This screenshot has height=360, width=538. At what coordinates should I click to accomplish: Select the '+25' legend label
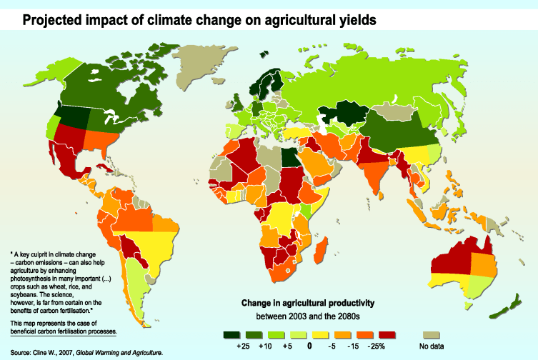tap(241, 346)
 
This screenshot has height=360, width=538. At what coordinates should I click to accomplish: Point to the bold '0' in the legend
tap(310, 346)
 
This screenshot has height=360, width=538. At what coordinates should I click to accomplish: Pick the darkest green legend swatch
tap(231, 334)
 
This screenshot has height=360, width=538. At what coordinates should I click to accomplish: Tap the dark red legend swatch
tap(386, 334)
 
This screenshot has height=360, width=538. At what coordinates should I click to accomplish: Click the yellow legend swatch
tap(319, 334)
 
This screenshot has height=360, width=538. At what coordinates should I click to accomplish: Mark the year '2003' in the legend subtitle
tap(308, 315)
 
